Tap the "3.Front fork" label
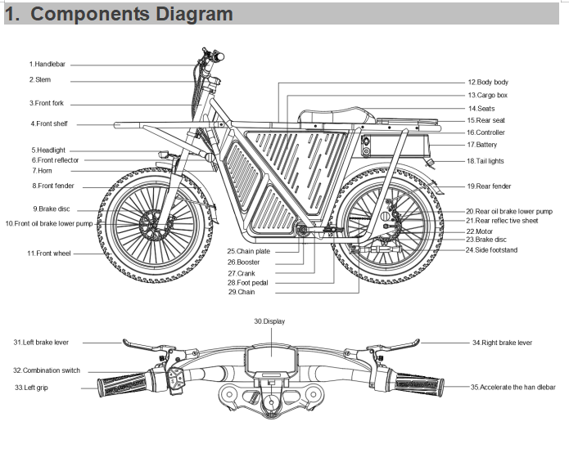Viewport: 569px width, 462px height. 47,103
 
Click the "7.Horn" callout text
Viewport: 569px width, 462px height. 43,171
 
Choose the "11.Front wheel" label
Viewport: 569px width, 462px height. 48,253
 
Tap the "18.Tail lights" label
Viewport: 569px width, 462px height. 485,161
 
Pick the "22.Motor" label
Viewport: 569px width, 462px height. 479,231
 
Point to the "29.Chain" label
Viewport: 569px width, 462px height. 242,292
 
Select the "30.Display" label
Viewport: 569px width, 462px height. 269,321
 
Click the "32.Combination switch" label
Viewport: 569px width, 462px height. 47,370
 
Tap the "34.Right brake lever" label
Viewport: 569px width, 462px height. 501,343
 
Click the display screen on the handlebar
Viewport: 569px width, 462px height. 269,359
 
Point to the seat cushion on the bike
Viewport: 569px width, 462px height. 327,114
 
